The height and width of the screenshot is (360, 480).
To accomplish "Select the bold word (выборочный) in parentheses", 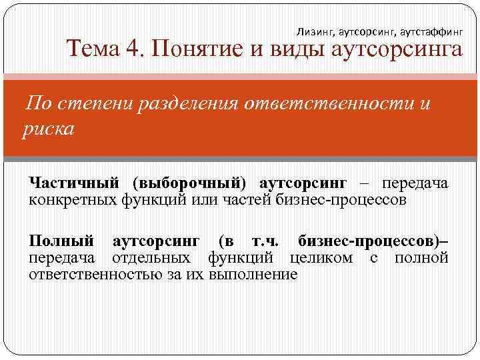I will pos(189,182).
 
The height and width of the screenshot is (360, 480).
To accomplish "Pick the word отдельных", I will pos(151,257).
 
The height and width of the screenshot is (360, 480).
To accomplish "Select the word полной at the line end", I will pos(421,257).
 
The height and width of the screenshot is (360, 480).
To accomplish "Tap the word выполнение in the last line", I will pos(253,274).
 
